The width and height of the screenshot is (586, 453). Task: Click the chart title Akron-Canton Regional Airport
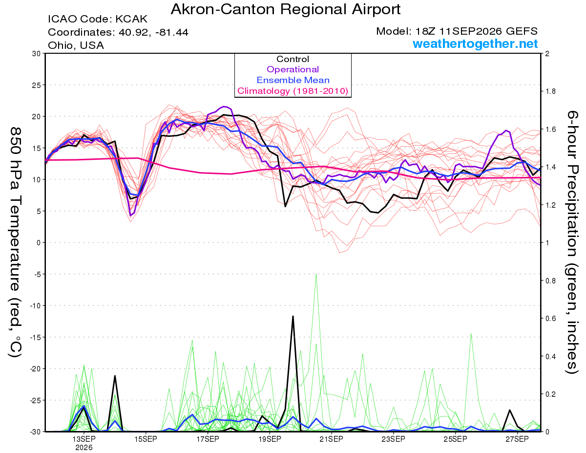(x=286, y=9)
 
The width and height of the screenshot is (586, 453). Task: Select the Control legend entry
(x=293, y=59)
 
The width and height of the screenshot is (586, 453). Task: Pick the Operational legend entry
(x=293, y=69)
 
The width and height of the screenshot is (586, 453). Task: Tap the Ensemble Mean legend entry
(x=293, y=80)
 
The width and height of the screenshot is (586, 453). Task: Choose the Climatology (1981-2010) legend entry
(x=293, y=91)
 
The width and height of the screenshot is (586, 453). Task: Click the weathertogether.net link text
(x=475, y=43)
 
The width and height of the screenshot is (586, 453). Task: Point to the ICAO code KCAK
(x=131, y=19)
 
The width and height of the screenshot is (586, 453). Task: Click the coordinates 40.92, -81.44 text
(x=153, y=32)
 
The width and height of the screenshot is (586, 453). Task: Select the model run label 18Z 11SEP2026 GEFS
(x=476, y=31)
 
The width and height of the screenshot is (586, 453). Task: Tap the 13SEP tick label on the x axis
(x=84, y=439)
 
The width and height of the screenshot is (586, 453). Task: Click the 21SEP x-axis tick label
(x=332, y=439)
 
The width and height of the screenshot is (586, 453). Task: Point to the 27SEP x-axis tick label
(x=517, y=439)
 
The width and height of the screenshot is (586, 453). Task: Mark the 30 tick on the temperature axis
(x=37, y=54)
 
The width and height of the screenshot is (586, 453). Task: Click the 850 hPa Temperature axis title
(x=15, y=242)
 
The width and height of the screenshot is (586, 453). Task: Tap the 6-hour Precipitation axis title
(x=572, y=242)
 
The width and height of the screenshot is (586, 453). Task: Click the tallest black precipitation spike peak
(x=293, y=316)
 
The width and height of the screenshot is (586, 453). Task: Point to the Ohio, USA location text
(x=76, y=45)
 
